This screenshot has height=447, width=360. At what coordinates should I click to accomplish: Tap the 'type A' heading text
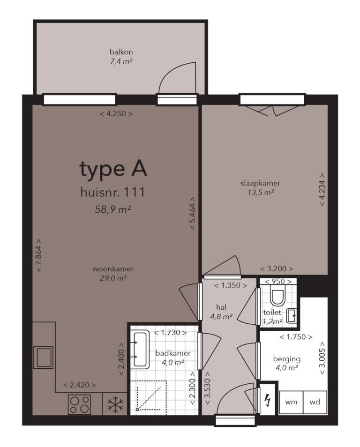click(113, 169)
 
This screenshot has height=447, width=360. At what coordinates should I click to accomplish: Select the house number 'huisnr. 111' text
click(112, 192)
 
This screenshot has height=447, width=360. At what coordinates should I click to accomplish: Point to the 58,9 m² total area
click(112, 209)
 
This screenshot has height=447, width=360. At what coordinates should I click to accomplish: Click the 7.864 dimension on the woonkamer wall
click(39, 256)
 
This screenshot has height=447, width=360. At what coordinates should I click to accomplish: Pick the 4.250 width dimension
click(116, 114)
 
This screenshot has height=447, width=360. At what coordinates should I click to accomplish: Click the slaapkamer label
click(261, 183)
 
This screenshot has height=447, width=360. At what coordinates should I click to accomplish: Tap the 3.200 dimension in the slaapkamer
click(277, 269)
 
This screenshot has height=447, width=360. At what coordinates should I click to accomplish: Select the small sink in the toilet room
click(292, 315)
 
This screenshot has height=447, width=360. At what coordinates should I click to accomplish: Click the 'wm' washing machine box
click(291, 402)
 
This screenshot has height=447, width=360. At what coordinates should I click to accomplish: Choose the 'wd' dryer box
click(315, 402)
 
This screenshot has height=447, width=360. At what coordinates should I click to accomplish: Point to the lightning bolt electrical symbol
click(268, 400)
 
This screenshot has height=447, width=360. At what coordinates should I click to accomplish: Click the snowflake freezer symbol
click(114, 405)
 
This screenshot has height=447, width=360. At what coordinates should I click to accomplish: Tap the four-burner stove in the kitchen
click(79, 404)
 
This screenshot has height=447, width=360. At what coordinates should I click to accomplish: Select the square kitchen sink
click(43, 358)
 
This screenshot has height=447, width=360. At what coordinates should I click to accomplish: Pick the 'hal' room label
click(222, 307)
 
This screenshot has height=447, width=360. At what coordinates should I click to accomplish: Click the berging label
click(286, 359)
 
